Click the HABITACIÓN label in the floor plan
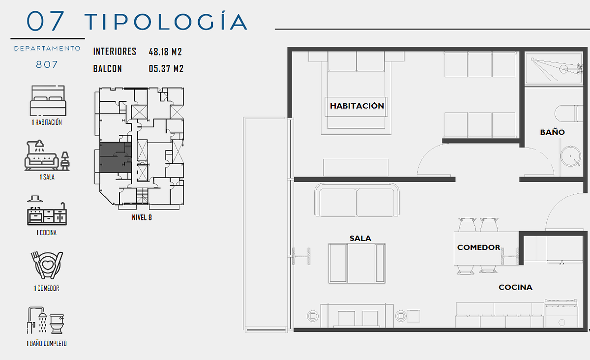(357, 106)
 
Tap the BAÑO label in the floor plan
(552, 132)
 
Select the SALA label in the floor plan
(360, 239)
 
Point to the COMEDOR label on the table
(478, 247)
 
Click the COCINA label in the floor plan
(515, 287)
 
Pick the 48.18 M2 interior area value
(165, 52)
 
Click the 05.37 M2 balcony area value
(166, 69)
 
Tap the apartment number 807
(47, 64)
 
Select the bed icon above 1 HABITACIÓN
(48, 101)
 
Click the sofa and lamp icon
(47, 155)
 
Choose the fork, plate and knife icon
(47, 265)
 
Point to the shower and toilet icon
(46, 320)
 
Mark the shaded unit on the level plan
(116, 157)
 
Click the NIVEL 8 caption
(142, 218)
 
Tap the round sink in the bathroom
(570, 156)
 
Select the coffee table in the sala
(357, 264)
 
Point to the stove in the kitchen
(561, 314)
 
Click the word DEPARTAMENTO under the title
(47, 49)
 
